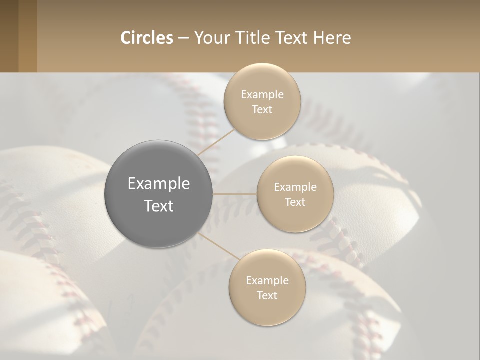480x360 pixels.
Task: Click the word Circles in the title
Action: point(146,38)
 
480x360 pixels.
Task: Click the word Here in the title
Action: point(332,38)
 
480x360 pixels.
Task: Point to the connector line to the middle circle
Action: point(235,194)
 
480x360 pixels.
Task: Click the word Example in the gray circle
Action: point(159,184)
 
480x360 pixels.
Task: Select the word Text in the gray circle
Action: point(159,206)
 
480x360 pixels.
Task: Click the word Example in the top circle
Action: point(262,94)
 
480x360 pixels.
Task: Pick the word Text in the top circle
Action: point(262,109)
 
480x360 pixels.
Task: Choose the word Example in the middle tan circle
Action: point(295,187)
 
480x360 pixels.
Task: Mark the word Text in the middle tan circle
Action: point(295,202)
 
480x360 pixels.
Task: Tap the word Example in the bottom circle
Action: point(267,280)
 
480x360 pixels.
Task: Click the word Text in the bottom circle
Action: point(267,295)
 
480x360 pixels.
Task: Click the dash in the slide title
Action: point(183,38)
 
